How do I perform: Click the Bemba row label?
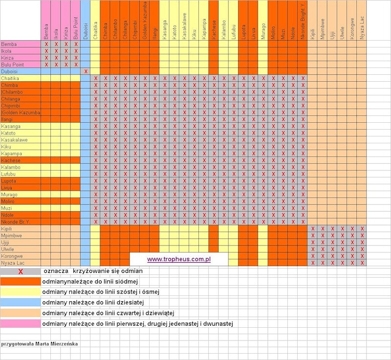click(9, 44)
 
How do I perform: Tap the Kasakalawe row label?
click(14, 140)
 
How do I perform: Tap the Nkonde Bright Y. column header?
click(303, 22)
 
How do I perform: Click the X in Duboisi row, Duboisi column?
click(86, 71)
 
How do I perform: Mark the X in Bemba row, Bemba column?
click(46, 44)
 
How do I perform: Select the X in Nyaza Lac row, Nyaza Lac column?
click(362, 263)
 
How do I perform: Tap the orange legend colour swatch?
click(21, 282)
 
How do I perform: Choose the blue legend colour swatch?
click(21, 302)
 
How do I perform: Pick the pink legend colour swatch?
click(21, 323)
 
